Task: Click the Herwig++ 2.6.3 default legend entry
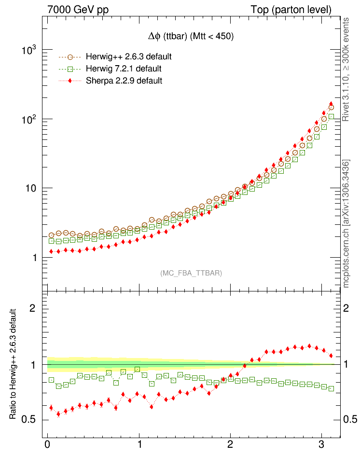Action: [x=128, y=56]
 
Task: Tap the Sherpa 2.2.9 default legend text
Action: [x=124, y=81]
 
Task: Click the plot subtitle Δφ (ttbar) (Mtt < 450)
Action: [x=191, y=37]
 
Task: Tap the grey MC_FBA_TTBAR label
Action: [x=191, y=273]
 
